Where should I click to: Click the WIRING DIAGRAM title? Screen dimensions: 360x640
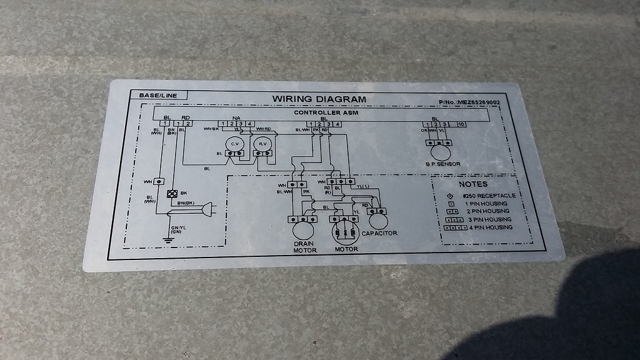point(319,99)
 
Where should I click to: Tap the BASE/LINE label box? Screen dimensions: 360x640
point(149,95)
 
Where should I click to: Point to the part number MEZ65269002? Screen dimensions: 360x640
point(469,102)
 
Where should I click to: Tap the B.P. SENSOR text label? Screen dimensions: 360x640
point(443,164)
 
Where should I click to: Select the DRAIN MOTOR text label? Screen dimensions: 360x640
point(305,246)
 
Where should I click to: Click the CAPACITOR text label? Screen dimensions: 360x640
point(379,233)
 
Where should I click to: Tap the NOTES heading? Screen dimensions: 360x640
point(472,184)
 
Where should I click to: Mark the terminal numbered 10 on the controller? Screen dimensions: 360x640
point(461,125)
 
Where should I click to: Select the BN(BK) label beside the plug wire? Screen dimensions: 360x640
point(187,204)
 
